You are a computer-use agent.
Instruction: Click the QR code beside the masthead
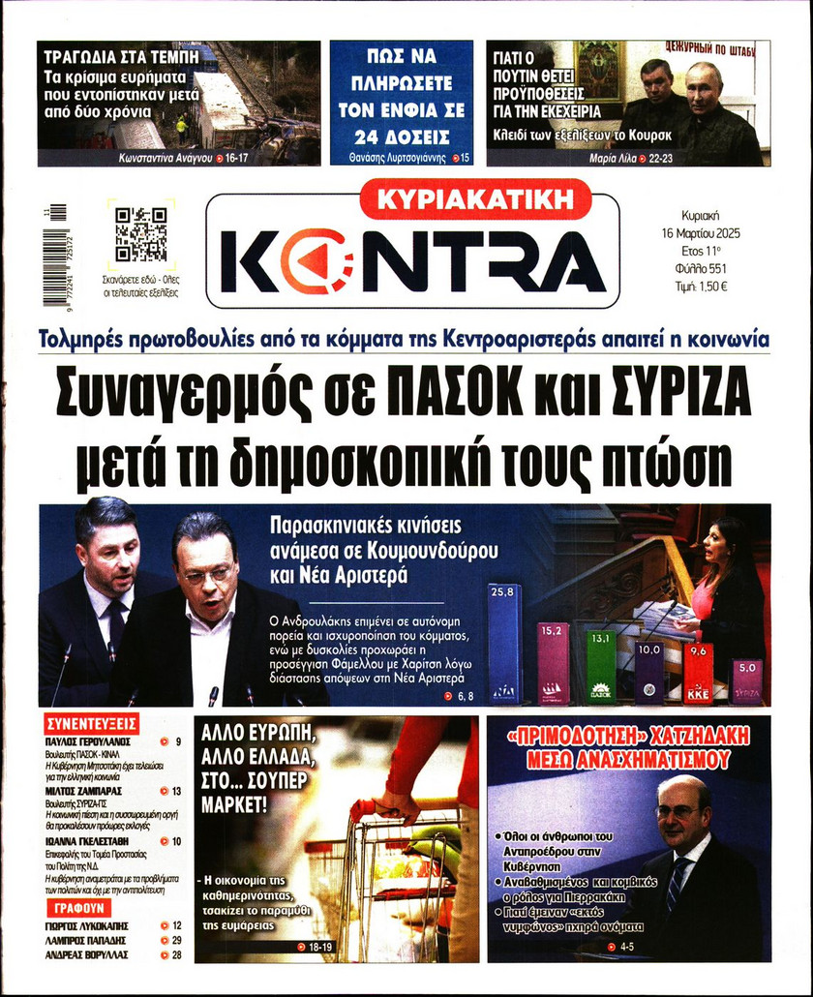click(x=140, y=234)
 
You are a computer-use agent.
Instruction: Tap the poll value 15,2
click(x=553, y=630)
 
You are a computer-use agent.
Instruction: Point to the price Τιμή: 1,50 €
click(x=701, y=286)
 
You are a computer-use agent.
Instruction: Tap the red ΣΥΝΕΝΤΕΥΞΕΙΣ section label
click(x=93, y=723)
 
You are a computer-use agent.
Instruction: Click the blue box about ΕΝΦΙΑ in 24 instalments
click(x=401, y=103)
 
